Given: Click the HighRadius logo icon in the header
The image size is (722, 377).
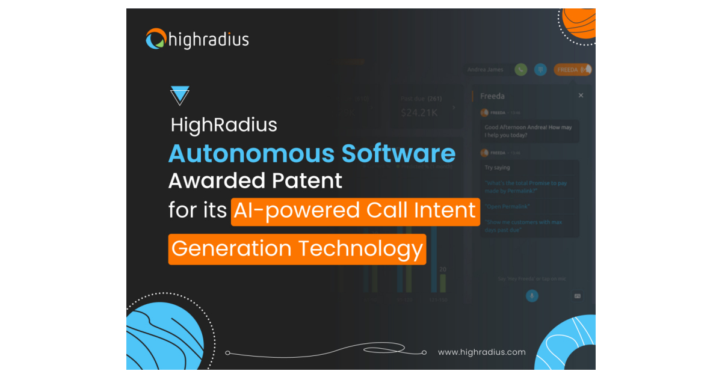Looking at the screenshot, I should [156, 39].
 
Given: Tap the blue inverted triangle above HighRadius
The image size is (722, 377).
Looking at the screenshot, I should [180, 96].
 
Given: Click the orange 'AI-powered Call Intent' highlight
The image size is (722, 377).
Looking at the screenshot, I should [355, 212].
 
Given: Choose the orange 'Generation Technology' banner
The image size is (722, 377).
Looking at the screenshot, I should [297, 249].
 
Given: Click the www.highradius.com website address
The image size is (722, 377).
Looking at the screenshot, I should [481, 352].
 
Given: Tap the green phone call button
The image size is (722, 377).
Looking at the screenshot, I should [521, 70].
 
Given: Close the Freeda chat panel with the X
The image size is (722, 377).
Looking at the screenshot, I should [581, 96].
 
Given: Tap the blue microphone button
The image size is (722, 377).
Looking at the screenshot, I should [532, 296].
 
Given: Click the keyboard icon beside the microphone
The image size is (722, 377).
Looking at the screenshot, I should [577, 296].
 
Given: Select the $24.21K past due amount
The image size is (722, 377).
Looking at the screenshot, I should [420, 112].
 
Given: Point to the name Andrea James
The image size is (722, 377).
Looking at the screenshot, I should [486, 70].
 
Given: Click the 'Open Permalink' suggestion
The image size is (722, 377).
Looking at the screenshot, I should [507, 206].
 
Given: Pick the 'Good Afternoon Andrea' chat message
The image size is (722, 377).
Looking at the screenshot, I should [528, 130].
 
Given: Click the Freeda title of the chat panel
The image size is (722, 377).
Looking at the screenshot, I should [492, 96].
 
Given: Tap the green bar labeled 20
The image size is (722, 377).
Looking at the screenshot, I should [443, 283].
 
